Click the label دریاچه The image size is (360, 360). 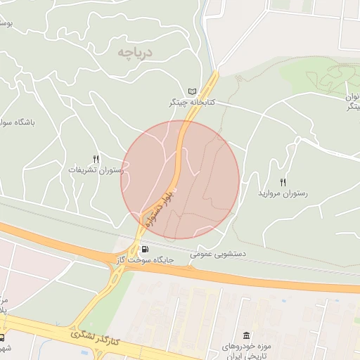coord(135,51)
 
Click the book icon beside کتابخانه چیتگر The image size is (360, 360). coord(193,91)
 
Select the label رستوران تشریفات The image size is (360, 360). coord(96,170)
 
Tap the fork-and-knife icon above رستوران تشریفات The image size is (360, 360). coord(96,159)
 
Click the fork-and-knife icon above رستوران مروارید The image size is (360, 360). coord(283,181)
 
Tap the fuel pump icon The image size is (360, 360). coord(145,250)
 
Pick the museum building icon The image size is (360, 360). coord(245,335)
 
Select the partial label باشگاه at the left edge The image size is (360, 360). coord(18,122)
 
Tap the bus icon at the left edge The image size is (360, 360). coord(2,337)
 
